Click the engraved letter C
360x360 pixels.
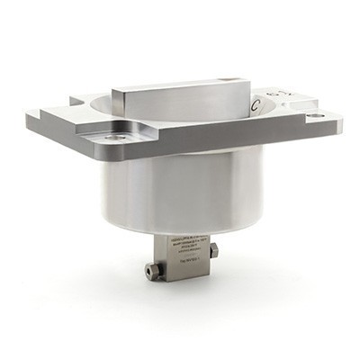click(x=257, y=106)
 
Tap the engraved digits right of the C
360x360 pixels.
click(x=281, y=93)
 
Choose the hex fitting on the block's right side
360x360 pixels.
click(x=213, y=251)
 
